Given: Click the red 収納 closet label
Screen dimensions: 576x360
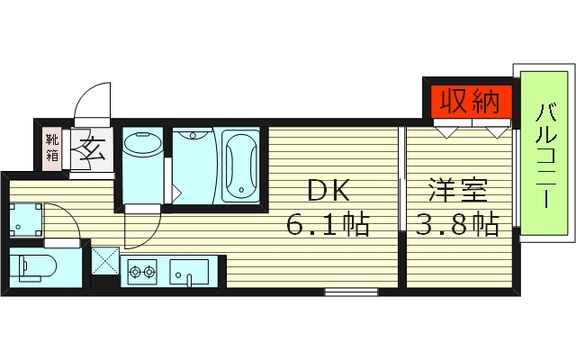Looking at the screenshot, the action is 471,102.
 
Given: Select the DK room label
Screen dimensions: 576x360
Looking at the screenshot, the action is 328,190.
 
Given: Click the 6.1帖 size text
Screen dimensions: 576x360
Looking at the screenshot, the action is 328,224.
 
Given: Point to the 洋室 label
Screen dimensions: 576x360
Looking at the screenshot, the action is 458,190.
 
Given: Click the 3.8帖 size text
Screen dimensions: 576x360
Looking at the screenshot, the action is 457,224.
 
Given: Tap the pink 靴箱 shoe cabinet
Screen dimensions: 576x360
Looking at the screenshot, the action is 52,148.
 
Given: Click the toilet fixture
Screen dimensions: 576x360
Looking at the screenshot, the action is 33,268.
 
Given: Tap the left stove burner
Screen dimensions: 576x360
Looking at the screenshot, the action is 135,272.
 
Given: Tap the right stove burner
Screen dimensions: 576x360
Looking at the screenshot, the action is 148,272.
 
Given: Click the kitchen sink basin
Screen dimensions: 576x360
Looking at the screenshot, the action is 189,272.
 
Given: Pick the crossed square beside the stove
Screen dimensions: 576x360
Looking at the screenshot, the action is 105,261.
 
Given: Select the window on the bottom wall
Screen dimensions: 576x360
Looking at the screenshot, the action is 351,292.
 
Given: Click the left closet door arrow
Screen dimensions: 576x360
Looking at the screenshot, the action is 446,132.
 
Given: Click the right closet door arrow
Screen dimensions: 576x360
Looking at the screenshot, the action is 497,132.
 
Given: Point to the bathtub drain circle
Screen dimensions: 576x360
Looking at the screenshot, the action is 241,190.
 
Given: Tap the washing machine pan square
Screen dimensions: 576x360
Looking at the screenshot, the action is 25,220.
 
